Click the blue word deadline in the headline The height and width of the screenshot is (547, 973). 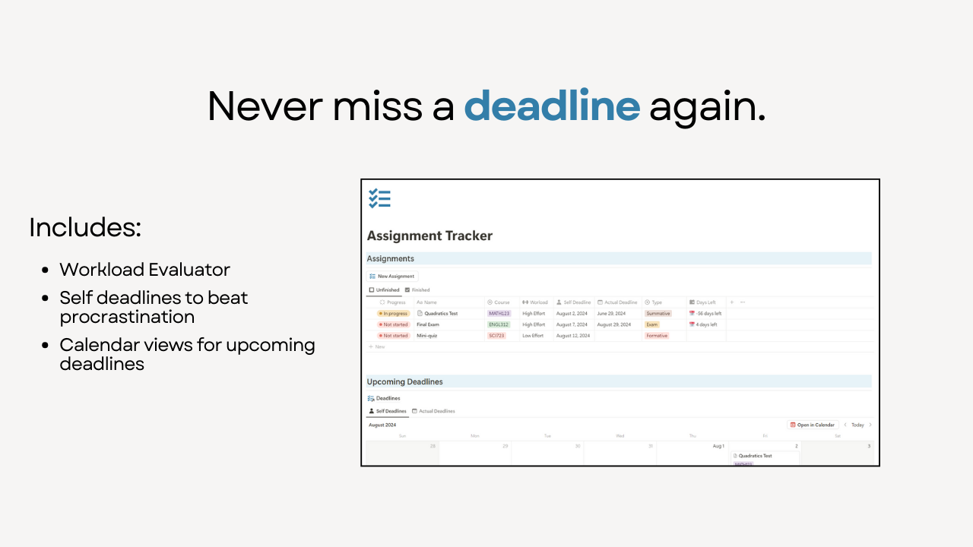tap(552, 106)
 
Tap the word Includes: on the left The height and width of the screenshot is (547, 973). tap(85, 228)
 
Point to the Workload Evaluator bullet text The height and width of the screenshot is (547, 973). tap(144, 270)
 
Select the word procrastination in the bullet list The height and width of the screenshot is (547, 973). tap(127, 317)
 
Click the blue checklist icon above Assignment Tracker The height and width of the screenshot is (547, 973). tap(379, 199)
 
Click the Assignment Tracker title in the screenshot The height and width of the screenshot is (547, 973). tap(429, 236)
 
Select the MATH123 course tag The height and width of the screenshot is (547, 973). tap(499, 313)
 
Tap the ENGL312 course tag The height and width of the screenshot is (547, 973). tap(499, 324)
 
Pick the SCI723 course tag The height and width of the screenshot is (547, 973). tap(496, 336)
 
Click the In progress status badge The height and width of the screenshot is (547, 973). tap(394, 313)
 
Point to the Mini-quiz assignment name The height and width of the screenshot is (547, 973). tap(426, 336)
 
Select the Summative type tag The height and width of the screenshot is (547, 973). tap(658, 313)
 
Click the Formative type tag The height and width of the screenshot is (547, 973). tap(657, 336)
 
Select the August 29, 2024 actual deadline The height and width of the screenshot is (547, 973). tap(614, 324)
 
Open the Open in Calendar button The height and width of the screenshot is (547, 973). tap(813, 425)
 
